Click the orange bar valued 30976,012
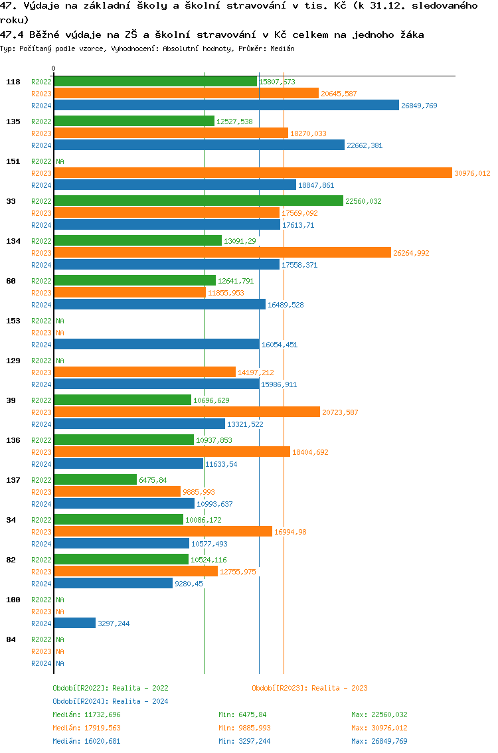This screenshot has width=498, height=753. coord(252,173)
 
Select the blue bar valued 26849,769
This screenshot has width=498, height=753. coord(226,106)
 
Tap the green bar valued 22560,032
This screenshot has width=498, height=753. coord(199,201)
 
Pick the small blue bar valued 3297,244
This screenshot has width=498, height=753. coord(75,624)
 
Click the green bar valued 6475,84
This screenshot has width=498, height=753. coord(95,480)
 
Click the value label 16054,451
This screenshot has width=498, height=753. coord(280,345)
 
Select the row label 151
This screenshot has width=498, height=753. coord(13,161)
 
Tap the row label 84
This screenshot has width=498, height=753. coord(11,639)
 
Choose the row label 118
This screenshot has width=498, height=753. coord(13,82)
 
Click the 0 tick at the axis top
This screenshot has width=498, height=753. coord(54,68)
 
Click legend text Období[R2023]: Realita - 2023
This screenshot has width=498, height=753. coord(309,688)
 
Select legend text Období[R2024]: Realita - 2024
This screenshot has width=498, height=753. coord(110,701)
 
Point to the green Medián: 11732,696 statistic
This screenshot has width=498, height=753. coord(86,714)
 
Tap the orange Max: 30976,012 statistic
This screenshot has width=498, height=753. coord(379,728)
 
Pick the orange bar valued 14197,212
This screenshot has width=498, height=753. coord(145,373)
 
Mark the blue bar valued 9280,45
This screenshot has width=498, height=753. coord(113,584)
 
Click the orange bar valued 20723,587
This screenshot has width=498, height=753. coord(187,412)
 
